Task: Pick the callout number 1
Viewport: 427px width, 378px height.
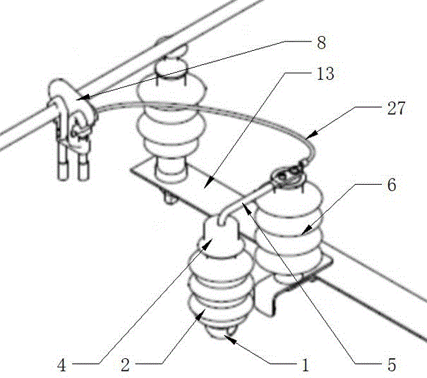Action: [304, 366]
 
